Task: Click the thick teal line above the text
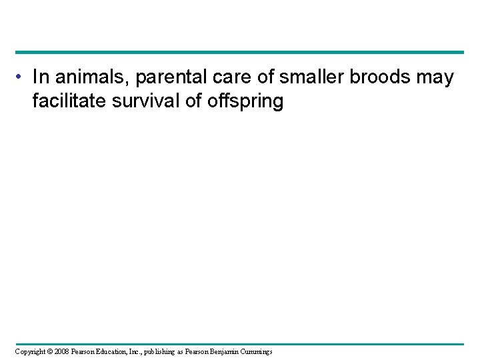(x=240, y=52)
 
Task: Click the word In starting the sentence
(x=40, y=78)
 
